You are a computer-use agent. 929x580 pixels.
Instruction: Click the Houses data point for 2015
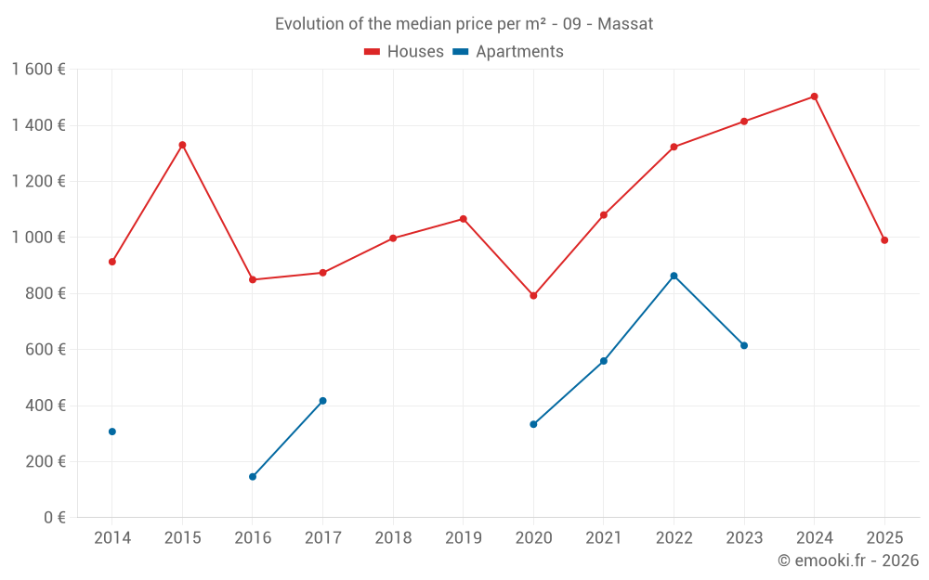pyautogui.click(x=182, y=145)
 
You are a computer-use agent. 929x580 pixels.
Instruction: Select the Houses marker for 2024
pyautogui.click(x=815, y=97)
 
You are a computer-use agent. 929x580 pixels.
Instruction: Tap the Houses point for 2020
pyautogui.click(x=533, y=296)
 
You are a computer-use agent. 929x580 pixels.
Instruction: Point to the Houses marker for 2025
pyautogui.click(x=884, y=240)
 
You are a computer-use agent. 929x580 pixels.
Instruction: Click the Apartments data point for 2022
pyautogui.click(x=674, y=276)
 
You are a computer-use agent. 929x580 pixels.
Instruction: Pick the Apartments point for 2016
pyautogui.click(x=253, y=477)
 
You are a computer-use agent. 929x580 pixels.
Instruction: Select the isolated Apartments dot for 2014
pyautogui.click(x=112, y=432)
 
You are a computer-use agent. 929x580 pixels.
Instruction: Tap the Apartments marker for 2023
pyautogui.click(x=744, y=345)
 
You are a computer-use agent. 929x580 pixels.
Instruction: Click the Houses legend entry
pyautogui.click(x=404, y=52)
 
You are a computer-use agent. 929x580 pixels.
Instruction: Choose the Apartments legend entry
pyautogui.click(x=508, y=52)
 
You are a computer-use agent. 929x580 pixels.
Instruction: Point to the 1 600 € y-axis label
pyautogui.click(x=38, y=70)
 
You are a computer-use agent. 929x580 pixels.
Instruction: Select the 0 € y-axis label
pyautogui.click(x=55, y=518)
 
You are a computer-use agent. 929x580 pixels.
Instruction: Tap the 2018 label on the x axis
pyautogui.click(x=393, y=538)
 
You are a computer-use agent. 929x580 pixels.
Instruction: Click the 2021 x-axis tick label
pyautogui.click(x=604, y=538)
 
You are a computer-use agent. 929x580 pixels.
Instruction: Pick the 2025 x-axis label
pyautogui.click(x=884, y=538)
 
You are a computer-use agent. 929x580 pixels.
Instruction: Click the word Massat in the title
pyautogui.click(x=625, y=24)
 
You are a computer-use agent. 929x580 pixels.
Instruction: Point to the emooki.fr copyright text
pyautogui.click(x=847, y=561)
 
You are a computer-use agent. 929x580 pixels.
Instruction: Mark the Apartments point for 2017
pyautogui.click(x=322, y=401)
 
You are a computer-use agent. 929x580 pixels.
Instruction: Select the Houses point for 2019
pyautogui.click(x=463, y=219)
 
